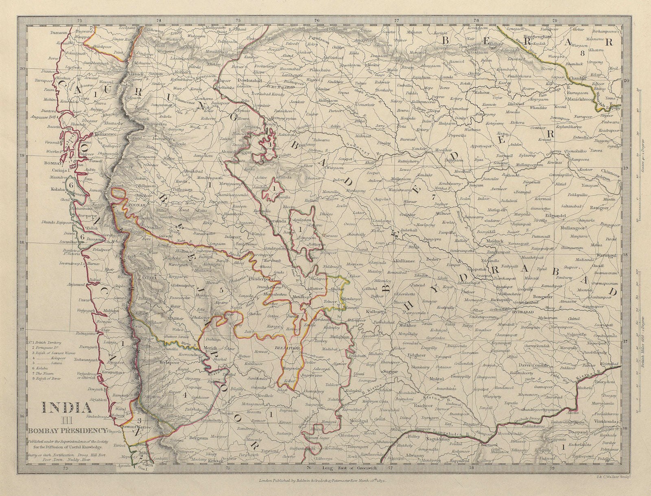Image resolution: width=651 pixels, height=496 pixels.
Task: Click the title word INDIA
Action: pos(65,407)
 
